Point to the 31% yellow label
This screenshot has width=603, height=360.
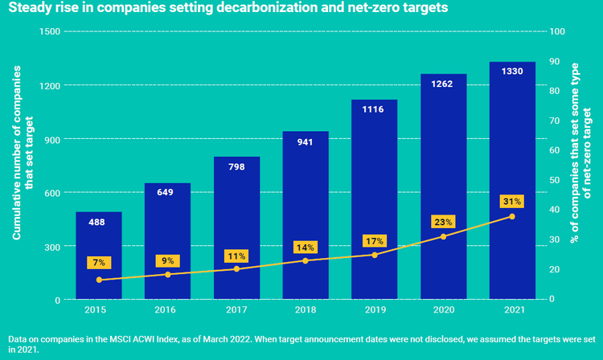pos(512,201)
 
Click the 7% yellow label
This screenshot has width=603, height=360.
pos(99,263)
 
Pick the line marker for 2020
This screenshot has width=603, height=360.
pos(443,236)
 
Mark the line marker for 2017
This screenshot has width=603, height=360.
pos(236,268)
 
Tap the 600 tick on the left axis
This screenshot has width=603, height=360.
pos(52,193)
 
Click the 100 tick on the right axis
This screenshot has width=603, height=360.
pos(553,31)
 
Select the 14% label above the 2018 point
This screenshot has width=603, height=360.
pos(306,246)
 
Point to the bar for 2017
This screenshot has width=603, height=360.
pos(236,228)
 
